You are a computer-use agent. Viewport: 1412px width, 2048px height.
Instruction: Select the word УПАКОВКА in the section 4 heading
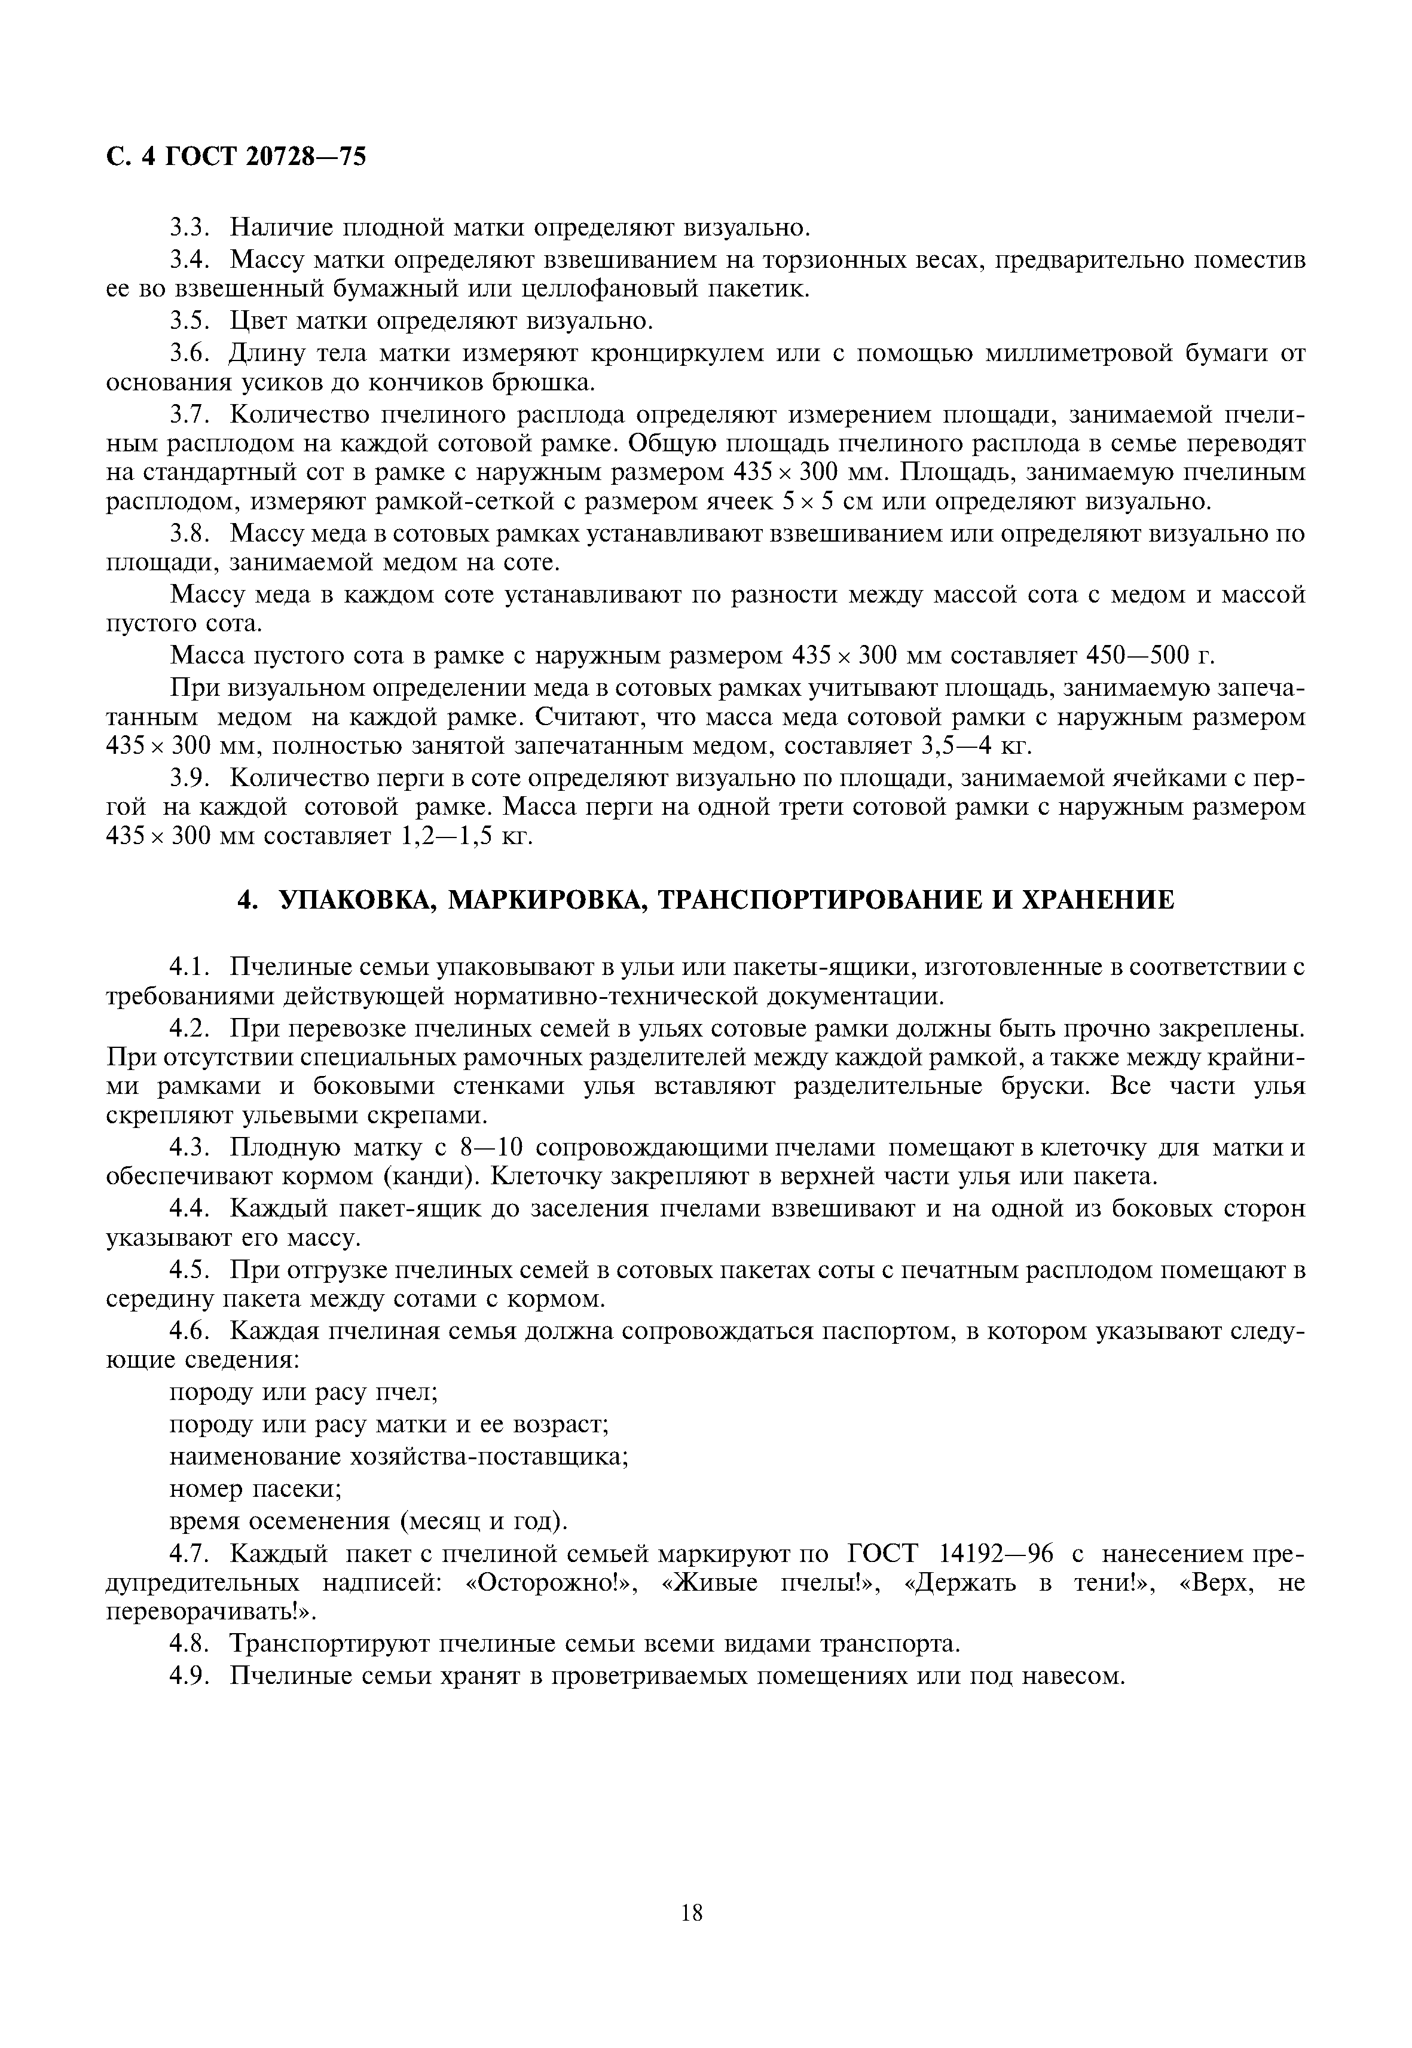coord(357,901)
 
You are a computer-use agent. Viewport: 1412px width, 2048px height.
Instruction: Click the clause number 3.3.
coord(188,228)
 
